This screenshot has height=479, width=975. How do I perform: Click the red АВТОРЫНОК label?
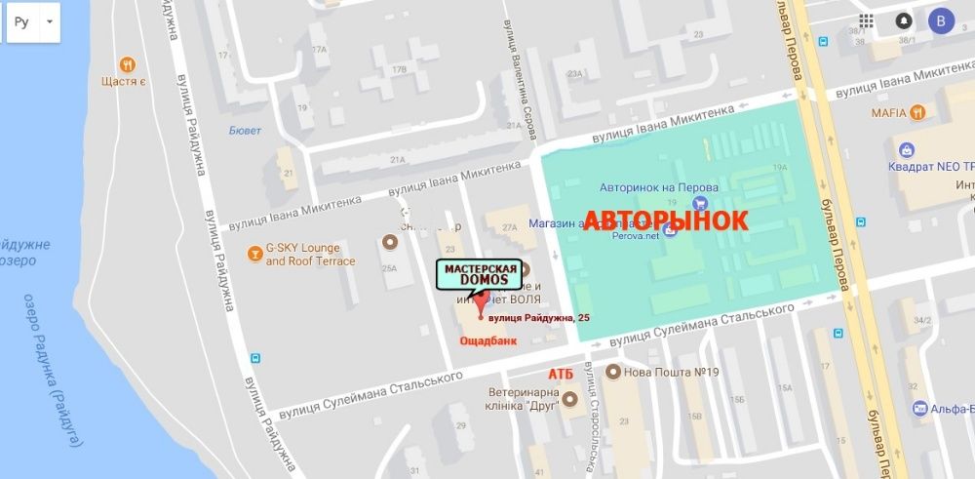pyautogui.click(x=665, y=220)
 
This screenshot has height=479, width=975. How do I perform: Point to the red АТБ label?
pyautogui.click(x=560, y=374)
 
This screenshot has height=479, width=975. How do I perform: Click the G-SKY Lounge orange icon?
pyautogui.click(x=254, y=250)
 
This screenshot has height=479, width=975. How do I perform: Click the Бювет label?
pyautogui.click(x=245, y=129)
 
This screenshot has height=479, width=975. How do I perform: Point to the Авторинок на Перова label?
pyautogui.click(x=659, y=186)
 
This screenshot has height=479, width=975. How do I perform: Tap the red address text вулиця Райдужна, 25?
pyautogui.click(x=538, y=318)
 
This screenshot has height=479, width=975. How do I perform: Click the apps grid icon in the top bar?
pyautogui.click(x=867, y=20)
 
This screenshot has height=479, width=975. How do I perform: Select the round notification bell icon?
pyautogui.click(x=904, y=20)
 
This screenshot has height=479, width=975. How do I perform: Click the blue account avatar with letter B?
pyautogui.click(x=941, y=20)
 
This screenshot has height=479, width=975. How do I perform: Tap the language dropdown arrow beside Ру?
pyautogui.click(x=50, y=21)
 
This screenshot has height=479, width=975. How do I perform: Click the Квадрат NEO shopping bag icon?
pyautogui.click(x=907, y=150)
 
